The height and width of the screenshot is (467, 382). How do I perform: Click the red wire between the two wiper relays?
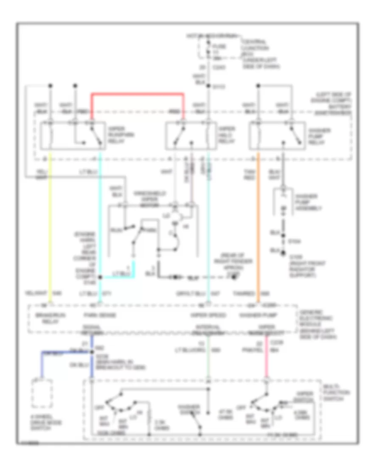[x=138, y=93]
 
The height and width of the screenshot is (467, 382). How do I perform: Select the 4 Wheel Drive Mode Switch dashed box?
[x=42, y=394]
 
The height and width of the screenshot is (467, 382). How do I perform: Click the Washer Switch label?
[x=189, y=409]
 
